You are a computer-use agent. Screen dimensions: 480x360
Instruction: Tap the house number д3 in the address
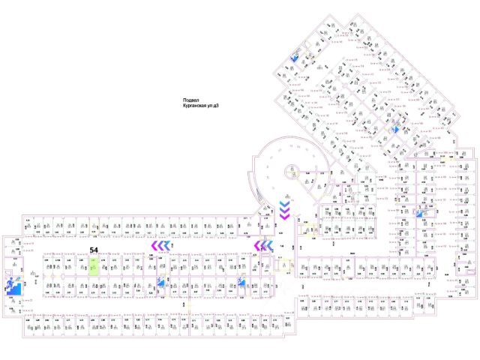(218, 107)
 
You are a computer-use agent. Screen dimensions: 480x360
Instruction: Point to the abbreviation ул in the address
(211, 107)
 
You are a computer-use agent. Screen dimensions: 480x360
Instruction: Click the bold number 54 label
(94, 250)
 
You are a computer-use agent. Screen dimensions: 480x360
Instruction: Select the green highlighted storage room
(94, 266)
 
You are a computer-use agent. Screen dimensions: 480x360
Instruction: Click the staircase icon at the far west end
(13, 286)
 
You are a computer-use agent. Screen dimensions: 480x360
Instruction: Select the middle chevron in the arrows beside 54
(162, 245)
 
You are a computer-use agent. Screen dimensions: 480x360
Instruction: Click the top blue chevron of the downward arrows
(285, 203)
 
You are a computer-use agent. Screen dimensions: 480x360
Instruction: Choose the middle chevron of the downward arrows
(285, 210)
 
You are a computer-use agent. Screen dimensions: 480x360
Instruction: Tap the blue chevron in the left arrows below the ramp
(268, 245)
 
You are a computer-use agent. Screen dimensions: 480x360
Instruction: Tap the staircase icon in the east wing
(419, 214)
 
